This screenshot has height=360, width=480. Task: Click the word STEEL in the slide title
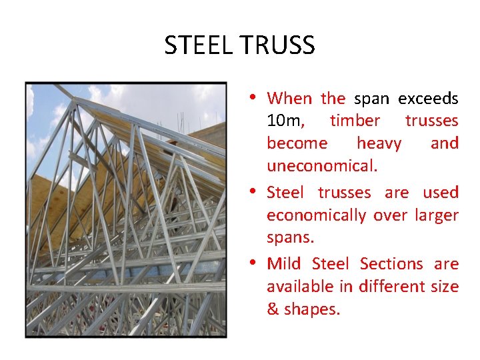click(x=197, y=45)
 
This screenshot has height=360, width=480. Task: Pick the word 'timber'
click(x=355, y=121)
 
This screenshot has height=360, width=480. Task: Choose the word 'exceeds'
click(x=428, y=99)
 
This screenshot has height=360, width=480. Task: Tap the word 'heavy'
click(x=379, y=143)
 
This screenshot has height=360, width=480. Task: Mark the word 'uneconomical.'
click(x=322, y=166)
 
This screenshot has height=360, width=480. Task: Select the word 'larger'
click(x=437, y=215)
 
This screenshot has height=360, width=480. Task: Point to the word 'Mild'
click(x=284, y=264)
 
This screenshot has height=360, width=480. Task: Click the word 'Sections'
click(x=391, y=264)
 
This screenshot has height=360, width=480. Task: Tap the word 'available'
click(x=299, y=287)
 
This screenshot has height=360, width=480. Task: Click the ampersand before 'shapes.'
click(x=273, y=310)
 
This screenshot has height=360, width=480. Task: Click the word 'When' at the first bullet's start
click(x=289, y=99)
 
